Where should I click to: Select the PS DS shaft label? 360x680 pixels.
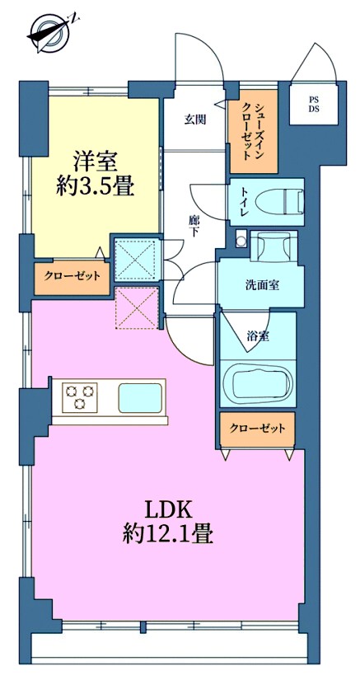point(314,105)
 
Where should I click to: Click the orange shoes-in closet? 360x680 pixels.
point(253,131)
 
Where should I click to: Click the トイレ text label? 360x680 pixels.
point(241,202)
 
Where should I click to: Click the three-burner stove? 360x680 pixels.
point(80,396)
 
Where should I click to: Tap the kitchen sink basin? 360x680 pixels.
point(140,397)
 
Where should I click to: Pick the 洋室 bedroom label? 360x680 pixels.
point(94,162)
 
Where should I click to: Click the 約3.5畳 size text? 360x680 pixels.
point(94,186)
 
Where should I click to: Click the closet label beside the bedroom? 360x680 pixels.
point(72,276)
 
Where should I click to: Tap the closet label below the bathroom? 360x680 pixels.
point(257,429)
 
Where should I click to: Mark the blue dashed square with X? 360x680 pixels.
point(137,260)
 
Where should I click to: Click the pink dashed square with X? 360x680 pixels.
point(137,308)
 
